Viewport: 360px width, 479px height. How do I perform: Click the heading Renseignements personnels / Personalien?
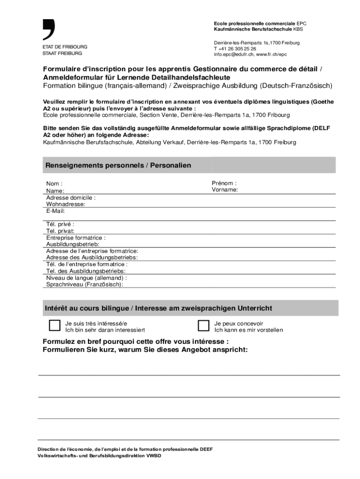click(118, 166)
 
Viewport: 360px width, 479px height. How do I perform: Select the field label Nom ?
click(54, 184)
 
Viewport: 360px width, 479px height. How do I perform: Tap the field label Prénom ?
click(224, 183)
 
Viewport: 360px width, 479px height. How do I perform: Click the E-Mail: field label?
click(55, 210)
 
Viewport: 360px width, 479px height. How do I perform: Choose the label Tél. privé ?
click(60, 224)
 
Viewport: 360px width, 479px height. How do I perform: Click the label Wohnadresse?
click(65, 204)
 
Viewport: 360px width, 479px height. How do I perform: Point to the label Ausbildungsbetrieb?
click(72, 244)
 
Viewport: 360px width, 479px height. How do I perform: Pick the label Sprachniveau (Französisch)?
click(85, 284)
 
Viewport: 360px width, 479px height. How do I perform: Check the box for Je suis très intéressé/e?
click(55, 326)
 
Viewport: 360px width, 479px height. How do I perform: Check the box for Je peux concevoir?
click(203, 326)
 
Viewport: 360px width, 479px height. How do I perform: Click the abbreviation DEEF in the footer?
click(206, 449)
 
